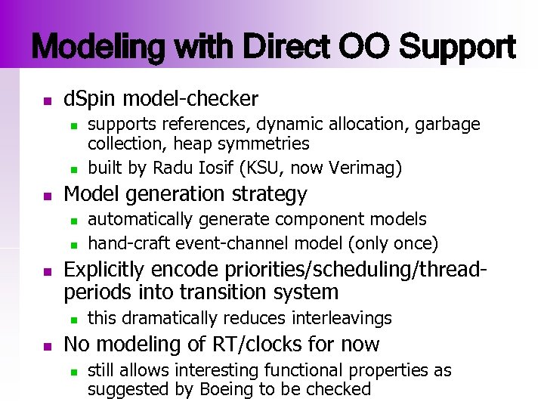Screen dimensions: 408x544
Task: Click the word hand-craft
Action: click(129, 243)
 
